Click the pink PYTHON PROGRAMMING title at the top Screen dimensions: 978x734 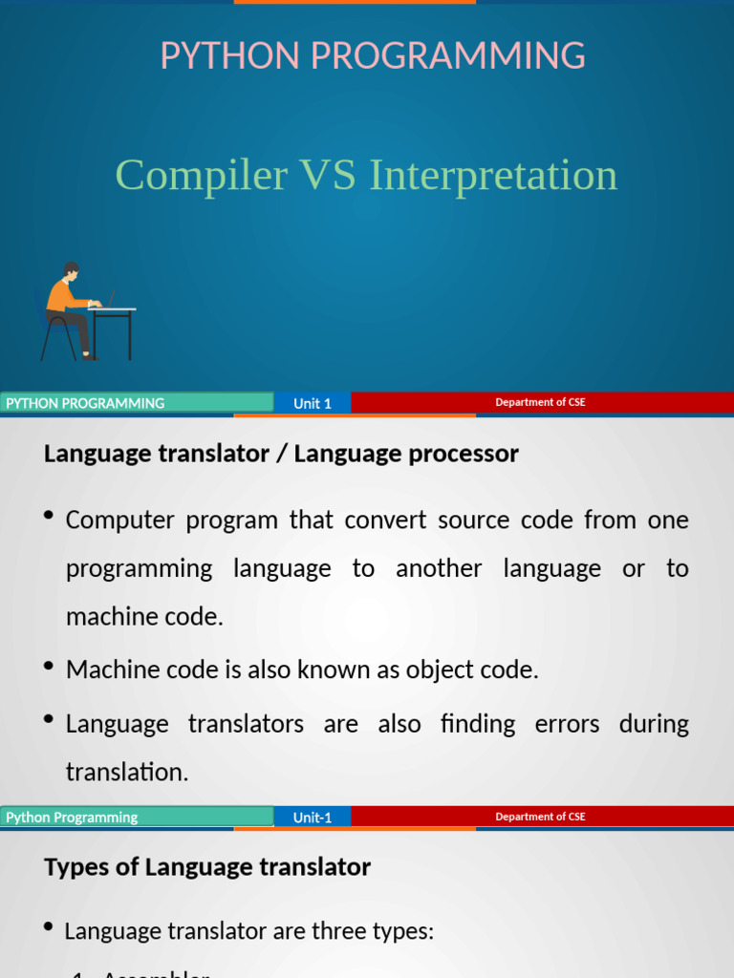click(373, 56)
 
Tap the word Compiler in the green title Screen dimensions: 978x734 click(201, 176)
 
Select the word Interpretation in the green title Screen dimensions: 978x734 click(493, 176)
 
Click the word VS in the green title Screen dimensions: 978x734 click(328, 176)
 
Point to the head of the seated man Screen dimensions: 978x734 click(71, 270)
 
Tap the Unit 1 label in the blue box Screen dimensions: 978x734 click(312, 403)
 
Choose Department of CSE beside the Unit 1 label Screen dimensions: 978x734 click(540, 402)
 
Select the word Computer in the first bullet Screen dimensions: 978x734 click(119, 521)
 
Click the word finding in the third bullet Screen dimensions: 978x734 click(477, 724)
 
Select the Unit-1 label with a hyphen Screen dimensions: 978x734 click(312, 817)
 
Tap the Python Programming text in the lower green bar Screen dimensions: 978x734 click(72, 817)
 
